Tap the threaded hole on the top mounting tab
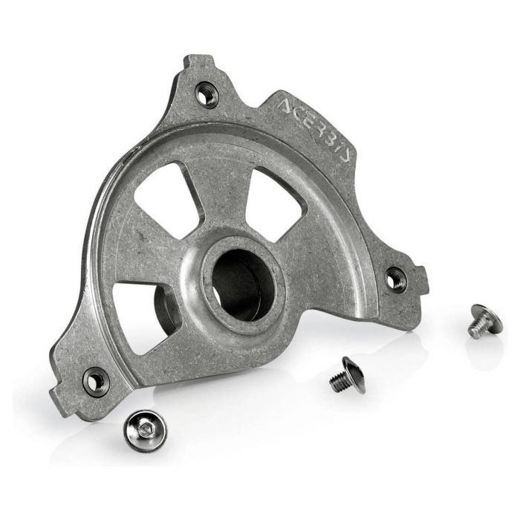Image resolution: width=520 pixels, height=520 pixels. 207,94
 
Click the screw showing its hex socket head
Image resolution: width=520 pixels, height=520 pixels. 145,430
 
